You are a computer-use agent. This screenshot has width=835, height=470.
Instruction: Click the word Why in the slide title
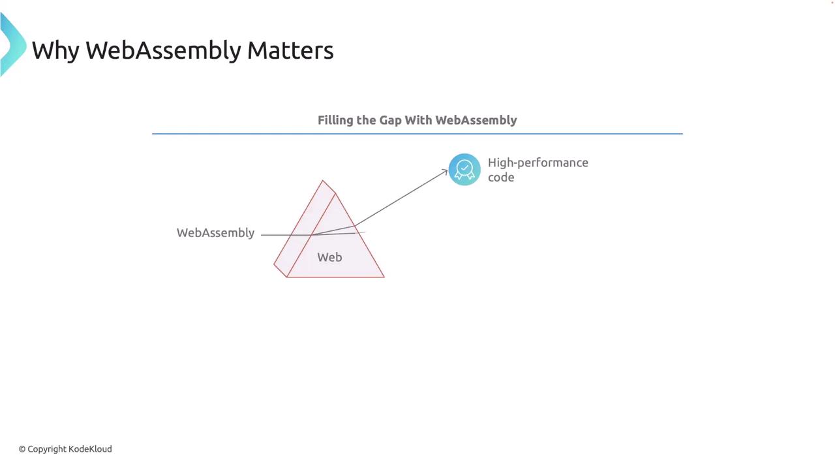click(x=55, y=50)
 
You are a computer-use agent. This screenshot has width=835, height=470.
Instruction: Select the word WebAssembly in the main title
click(x=164, y=50)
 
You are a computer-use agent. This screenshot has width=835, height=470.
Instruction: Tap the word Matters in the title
click(x=290, y=50)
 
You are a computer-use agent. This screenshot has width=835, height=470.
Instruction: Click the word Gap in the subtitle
click(x=390, y=121)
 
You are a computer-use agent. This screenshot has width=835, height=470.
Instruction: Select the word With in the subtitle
click(x=418, y=120)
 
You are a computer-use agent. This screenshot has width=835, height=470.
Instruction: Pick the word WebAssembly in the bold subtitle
click(x=476, y=120)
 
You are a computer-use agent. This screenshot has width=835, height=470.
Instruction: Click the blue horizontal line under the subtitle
click(x=417, y=134)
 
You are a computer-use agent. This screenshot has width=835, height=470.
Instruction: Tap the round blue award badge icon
click(x=464, y=170)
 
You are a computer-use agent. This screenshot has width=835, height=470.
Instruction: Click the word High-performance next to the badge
click(x=538, y=163)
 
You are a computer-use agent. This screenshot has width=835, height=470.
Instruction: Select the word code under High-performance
click(x=501, y=178)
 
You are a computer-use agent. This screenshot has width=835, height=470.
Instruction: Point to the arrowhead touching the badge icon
click(x=445, y=172)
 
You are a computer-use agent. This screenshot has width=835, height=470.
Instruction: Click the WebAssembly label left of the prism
click(x=215, y=233)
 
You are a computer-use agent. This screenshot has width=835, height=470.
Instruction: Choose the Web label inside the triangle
click(x=329, y=257)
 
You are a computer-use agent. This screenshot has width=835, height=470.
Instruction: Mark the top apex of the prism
click(x=323, y=181)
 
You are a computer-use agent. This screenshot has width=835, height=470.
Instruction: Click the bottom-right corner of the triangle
click(x=384, y=277)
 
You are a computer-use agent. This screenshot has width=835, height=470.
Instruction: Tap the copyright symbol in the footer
click(x=22, y=449)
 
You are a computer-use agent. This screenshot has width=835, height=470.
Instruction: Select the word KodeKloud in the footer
click(x=90, y=448)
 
